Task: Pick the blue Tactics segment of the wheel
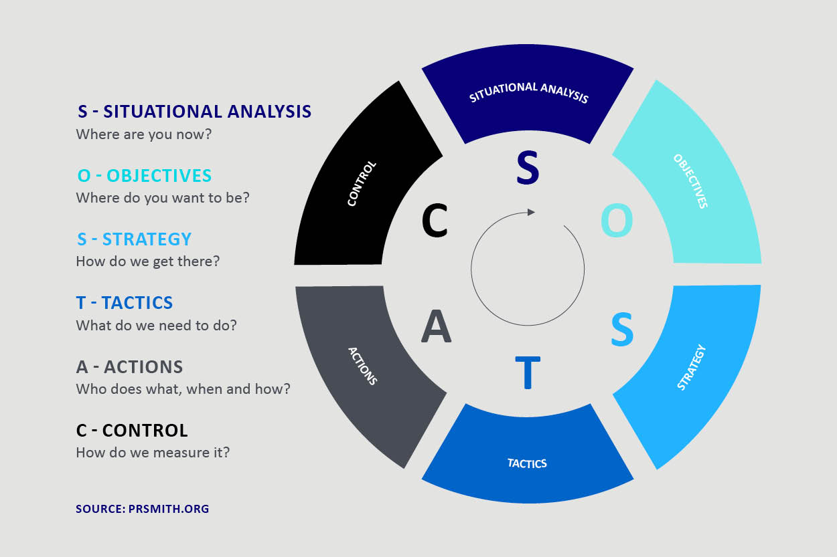click(528, 461)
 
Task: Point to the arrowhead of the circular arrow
click(532, 212)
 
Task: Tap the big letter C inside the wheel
click(435, 221)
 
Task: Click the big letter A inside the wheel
click(436, 327)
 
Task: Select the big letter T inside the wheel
click(527, 372)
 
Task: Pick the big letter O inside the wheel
click(617, 221)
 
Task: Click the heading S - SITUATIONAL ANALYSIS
click(194, 111)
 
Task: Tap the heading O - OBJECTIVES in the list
click(145, 176)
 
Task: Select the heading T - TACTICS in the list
click(125, 303)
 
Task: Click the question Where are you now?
click(144, 134)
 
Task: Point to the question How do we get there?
click(148, 261)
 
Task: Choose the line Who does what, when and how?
click(183, 388)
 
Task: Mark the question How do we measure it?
click(153, 453)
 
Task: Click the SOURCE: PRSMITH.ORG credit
click(142, 509)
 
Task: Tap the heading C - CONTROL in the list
click(132, 430)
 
